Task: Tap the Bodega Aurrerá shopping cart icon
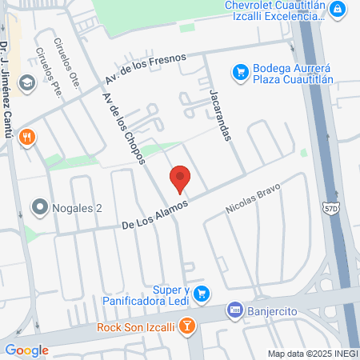[x=238, y=73]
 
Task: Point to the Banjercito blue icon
[x=234, y=308]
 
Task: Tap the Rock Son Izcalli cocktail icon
[x=186, y=326]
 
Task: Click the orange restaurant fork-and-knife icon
[x=27, y=136]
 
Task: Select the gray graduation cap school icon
[x=27, y=82]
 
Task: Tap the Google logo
[x=26, y=350]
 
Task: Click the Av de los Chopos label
[x=123, y=126]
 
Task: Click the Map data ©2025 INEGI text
[x=312, y=353]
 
